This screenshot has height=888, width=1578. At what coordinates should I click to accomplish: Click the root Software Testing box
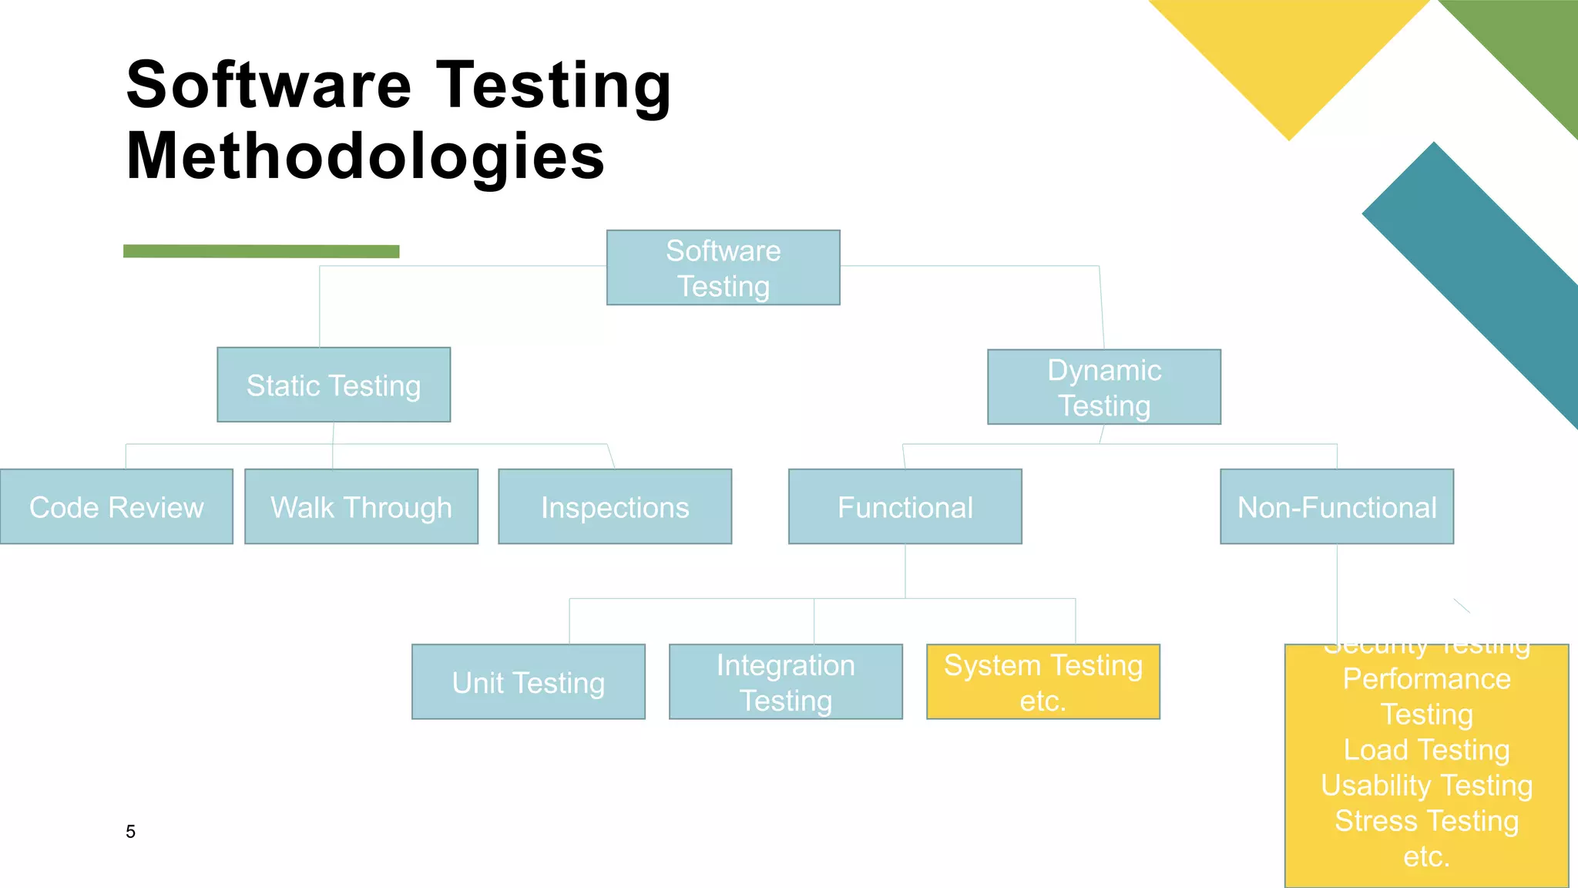[x=723, y=267]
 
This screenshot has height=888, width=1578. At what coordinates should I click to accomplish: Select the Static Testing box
[x=334, y=385]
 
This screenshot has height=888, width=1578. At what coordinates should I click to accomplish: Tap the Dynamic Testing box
[x=1103, y=387]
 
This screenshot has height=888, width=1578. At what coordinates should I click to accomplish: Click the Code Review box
[x=116, y=506]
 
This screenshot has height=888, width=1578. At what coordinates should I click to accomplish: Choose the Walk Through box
[x=361, y=506]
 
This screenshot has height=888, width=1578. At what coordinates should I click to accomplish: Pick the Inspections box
[x=614, y=506]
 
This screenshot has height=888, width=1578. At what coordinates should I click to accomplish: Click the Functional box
[x=905, y=506]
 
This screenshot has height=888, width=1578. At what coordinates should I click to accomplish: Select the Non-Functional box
[x=1336, y=506]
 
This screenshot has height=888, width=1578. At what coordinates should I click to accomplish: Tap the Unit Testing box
[x=528, y=682]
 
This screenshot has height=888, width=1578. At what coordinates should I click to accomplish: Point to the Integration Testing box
[x=785, y=682]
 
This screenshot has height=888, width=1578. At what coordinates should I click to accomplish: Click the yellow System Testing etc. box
[x=1042, y=682]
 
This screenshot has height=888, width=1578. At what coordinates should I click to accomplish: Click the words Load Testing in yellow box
[x=1426, y=750]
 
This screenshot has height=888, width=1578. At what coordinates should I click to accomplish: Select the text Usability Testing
[x=1426, y=785]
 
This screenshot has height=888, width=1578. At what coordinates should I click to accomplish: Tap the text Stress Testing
[x=1426, y=821]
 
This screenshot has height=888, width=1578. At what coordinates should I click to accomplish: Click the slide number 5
[x=130, y=832]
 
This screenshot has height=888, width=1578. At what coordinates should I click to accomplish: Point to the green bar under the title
[x=261, y=251]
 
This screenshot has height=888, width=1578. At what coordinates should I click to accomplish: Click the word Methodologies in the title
[x=365, y=156]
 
